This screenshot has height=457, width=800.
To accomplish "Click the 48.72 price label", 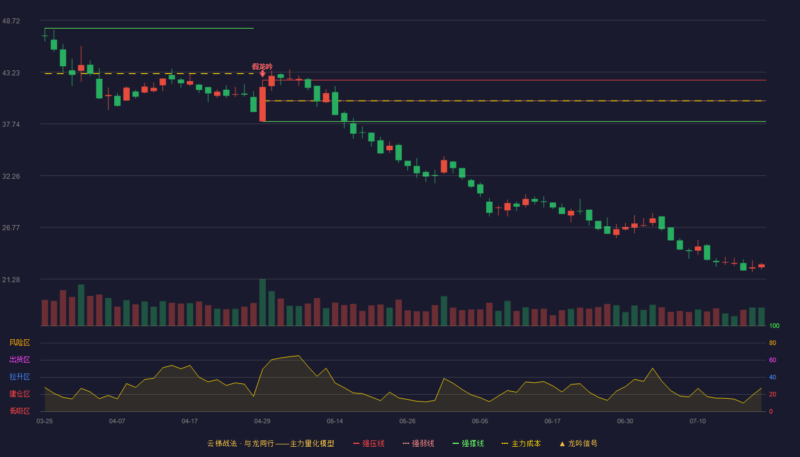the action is click(11, 21).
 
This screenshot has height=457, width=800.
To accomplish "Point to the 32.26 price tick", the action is click(11, 177).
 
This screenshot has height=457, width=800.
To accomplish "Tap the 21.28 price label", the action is click(11, 279).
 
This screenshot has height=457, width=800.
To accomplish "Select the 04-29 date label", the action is click(262, 422).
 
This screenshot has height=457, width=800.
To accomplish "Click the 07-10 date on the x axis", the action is click(698, 422).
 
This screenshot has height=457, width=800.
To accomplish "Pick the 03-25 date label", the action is click(45, 422).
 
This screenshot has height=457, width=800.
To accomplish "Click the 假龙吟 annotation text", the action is click(262, 67).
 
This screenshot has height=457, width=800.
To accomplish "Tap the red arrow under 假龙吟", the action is click(262, 74).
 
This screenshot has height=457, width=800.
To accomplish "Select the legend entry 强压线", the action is click(369, 443).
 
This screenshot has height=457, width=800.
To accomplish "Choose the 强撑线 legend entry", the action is click(468, 443).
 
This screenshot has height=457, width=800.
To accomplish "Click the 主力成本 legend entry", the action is click(521, 443).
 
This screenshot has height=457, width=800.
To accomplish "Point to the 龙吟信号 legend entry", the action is click(578, 443).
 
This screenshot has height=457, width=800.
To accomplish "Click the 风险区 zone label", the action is click(19, 343).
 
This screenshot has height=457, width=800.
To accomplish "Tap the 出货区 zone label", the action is click(19, 359).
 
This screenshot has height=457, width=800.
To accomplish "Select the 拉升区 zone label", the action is click(19, 376).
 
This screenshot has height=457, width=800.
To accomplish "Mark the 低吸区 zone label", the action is click(19, 411).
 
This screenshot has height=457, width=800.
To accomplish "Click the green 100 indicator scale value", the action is click(774, 326).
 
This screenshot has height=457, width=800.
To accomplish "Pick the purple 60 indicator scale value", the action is click(773, 360).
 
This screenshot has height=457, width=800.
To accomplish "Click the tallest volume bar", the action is click(262, 302).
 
